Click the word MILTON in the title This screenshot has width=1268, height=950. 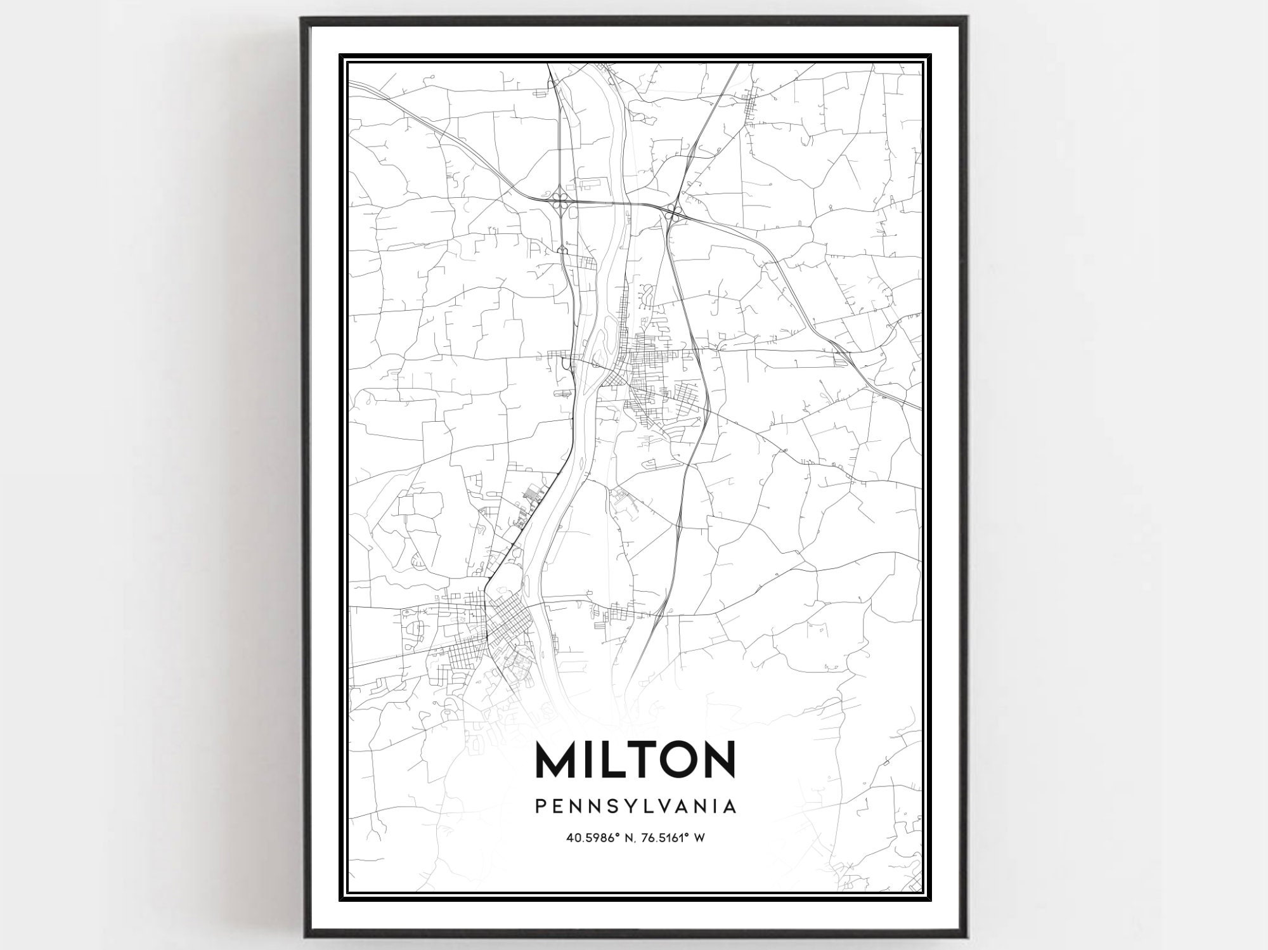coord(635,759)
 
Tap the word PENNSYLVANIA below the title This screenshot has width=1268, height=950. coord(635,806)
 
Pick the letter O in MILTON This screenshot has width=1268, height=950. coord(675,759)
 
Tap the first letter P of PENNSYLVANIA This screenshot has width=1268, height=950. coord(540,806)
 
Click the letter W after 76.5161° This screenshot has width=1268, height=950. coord(699,838)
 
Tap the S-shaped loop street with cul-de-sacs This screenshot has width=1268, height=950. coord(648,294)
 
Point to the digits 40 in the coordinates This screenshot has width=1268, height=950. coord(573,838)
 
